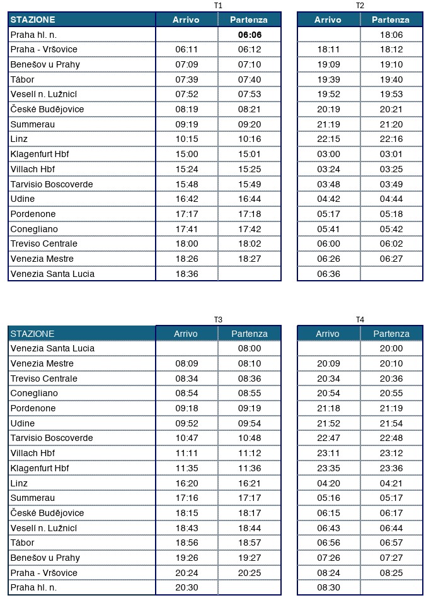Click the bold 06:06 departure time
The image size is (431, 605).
pos(250,35)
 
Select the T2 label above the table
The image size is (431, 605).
pos(360,6)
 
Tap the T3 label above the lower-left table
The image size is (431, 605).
pos(218,319)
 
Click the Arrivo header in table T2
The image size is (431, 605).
pos(328,20)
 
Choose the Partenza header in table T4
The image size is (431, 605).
pos(391,334)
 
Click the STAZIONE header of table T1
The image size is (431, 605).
pos(33,20)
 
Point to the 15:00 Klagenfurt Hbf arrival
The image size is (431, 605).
pos(187,154)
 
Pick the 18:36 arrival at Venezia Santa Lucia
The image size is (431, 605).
pos(187,274)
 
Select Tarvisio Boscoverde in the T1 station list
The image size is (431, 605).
pos(52,184)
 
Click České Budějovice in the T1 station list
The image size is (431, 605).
pos(47,109)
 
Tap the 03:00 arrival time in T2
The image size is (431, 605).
pos(328,154)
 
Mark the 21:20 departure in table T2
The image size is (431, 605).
pos(391,124)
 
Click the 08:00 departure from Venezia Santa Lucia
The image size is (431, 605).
pos(250,348)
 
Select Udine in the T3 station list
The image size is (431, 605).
pos(23,423)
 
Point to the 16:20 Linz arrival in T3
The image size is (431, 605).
pos(187,483)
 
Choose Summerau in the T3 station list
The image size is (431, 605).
pos(32,498)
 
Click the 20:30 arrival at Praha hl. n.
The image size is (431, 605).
pos(187,588)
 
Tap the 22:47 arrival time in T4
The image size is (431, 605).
pos(328,438)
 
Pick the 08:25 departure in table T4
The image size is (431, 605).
pos(391,573)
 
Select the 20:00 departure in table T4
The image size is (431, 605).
pos(391,348)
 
